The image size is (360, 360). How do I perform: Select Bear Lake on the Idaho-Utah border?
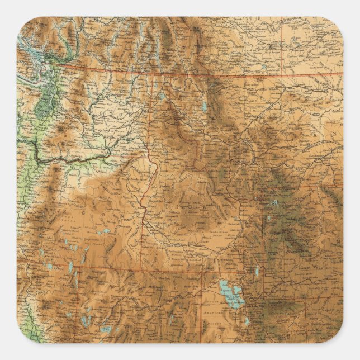(x=256, y=272)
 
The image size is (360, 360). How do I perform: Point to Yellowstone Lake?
(x=274, y=203)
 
